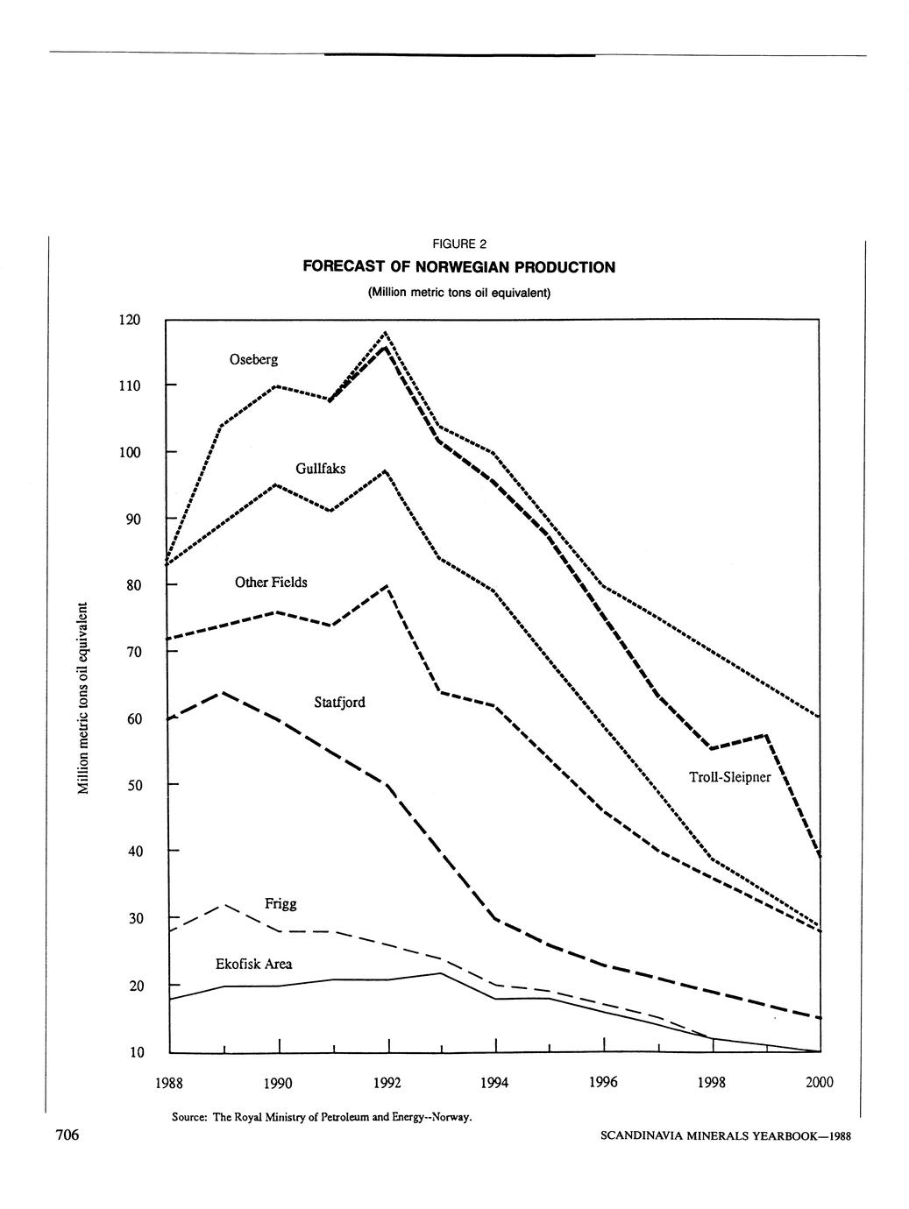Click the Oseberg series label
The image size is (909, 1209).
tap(253, 359)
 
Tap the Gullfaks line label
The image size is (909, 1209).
tap(320, 469)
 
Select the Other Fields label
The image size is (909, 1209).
tap(271, 583)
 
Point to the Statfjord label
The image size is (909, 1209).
tap(339, 702)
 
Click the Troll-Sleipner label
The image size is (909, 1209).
tap(729, 777)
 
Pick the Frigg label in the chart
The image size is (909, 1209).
tap(281, 903)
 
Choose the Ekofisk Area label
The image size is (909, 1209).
tap(253, 965)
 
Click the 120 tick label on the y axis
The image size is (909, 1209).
tap(129, 321)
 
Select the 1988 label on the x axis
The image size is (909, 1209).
tap(168, 1083)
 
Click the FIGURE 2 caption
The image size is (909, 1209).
tap(458, 244)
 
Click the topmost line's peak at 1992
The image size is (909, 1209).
tap(386, 333)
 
